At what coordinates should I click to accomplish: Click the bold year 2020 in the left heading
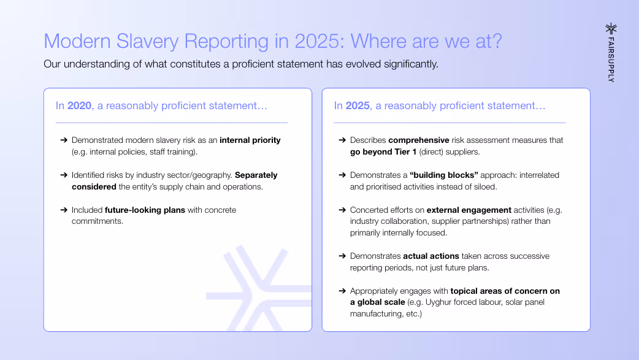coord(79,105)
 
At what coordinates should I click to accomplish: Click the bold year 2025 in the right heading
coord(358,105)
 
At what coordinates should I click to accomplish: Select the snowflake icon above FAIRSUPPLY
coord(610,29)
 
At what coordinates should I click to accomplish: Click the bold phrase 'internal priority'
coord(250,140)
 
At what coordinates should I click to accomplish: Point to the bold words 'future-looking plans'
coord(144,210)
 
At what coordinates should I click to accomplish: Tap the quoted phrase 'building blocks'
coord(437,175)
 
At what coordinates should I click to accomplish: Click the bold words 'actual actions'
coord(431,256)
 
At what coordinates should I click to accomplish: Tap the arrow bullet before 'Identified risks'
coord(64,175)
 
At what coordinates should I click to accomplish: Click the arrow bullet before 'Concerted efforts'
coord(342,210)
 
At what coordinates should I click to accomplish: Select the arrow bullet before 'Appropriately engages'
coord(342,291)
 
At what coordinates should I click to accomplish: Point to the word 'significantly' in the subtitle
coord(405,64)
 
